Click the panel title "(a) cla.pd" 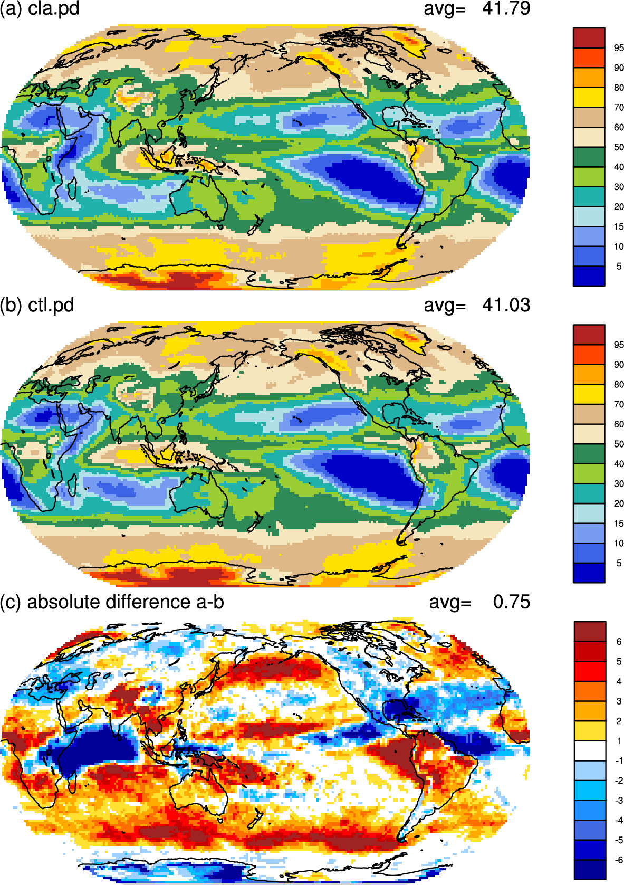[40, 8]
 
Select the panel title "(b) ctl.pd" [37, 306]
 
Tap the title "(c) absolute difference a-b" [112, 602]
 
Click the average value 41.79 [506, 8]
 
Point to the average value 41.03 [506, 306]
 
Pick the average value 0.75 [512, 602]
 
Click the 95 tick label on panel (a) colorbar [619, 48]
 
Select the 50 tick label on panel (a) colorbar [619, 147]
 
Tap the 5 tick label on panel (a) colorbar [619, 267]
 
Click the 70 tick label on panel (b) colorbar [619, 405]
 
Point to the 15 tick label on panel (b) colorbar [619, 524]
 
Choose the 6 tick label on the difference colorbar [619, 642]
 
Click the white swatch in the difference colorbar [590, 750]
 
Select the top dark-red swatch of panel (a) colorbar [589, 38]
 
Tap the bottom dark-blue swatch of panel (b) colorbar [589, 573]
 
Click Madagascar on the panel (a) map [72, 188]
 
